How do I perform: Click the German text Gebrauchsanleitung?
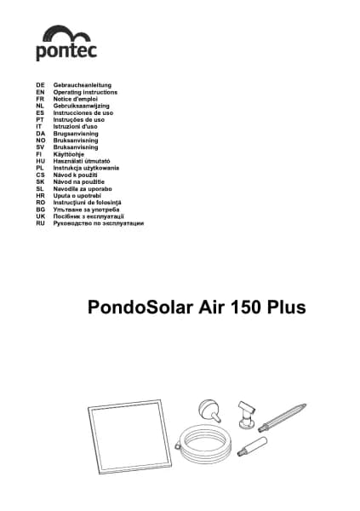click(x=83, y=86)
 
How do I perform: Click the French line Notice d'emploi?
click(x=77, y=100)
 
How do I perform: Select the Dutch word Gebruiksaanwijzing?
click(x=83, y=106)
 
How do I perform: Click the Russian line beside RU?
click(x=98, y=222)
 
